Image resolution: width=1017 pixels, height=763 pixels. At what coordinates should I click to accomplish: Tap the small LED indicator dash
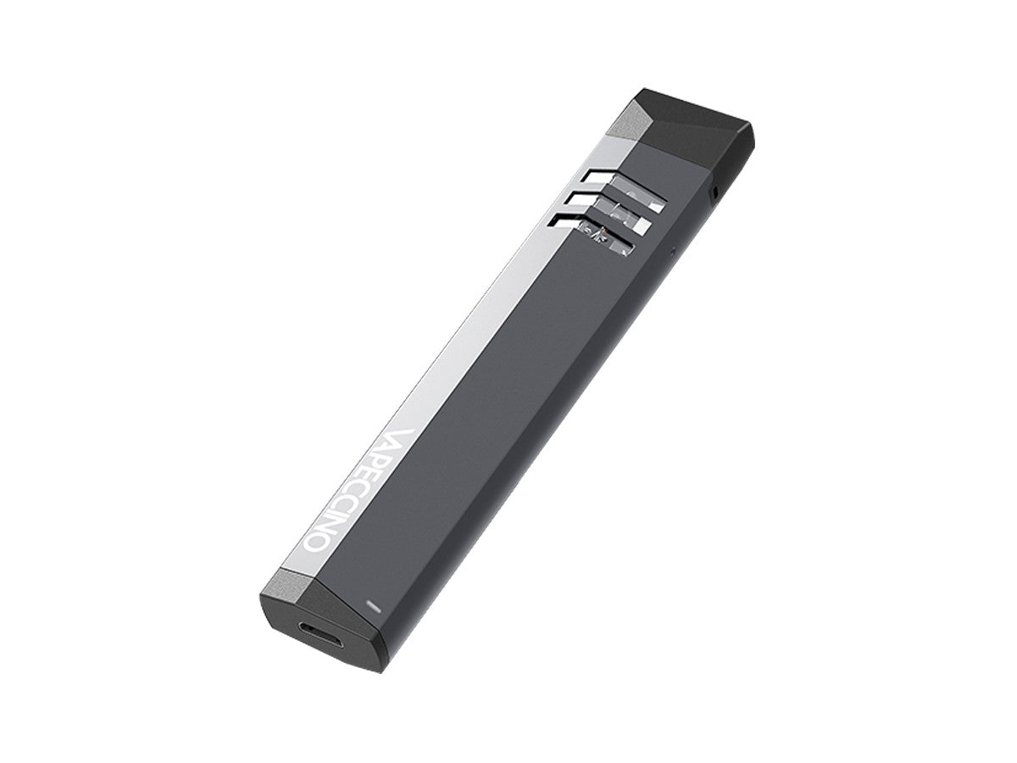[x=371, y=606]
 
